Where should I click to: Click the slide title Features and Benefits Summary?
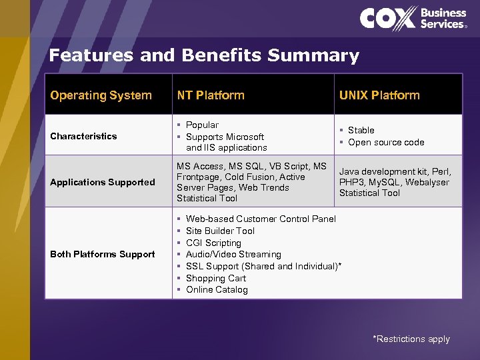click(204, 55)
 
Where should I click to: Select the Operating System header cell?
click(101, 95)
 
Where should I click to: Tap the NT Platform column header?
click(210, 95)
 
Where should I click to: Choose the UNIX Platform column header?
click(379, 95)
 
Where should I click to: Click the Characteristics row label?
click(83, 136)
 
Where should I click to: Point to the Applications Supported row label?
click(102, 182)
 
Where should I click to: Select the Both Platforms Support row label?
click(102, 254)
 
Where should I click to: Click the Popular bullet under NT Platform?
click(202, 125)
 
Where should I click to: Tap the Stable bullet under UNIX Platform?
click(361, 130)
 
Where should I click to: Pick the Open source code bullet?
click(385, 142)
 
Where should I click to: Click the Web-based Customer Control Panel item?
click(261, 219)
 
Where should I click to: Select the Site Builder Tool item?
click(220, 231)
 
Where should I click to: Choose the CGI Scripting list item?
click(213, 243)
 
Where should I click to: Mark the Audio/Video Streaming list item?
click(233, 254)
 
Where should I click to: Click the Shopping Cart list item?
click(216, 278)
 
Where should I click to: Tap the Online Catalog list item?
click(217, 289)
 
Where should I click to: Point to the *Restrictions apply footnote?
click(411, 339)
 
